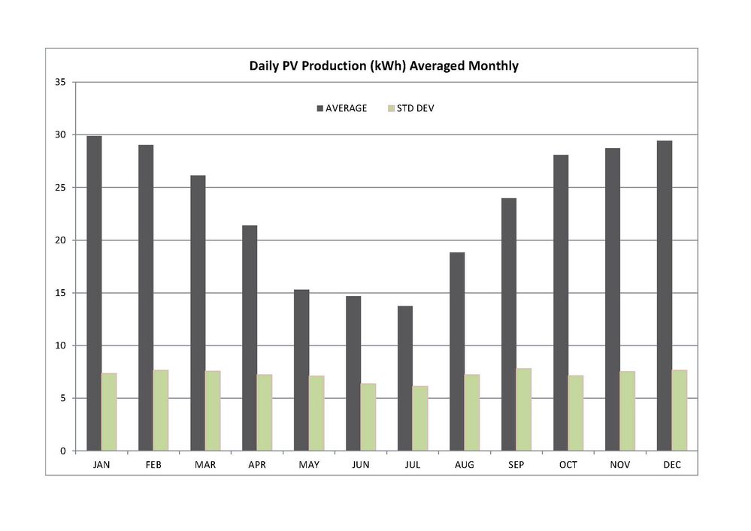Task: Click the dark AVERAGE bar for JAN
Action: pos(94,293)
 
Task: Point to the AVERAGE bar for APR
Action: pos(250,338)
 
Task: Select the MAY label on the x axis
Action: pos(309,465)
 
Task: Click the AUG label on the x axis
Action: pos(465,465)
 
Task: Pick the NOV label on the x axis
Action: pos(620,465)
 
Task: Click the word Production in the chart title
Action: pos(331,66)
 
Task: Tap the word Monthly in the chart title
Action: pos(493,66)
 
